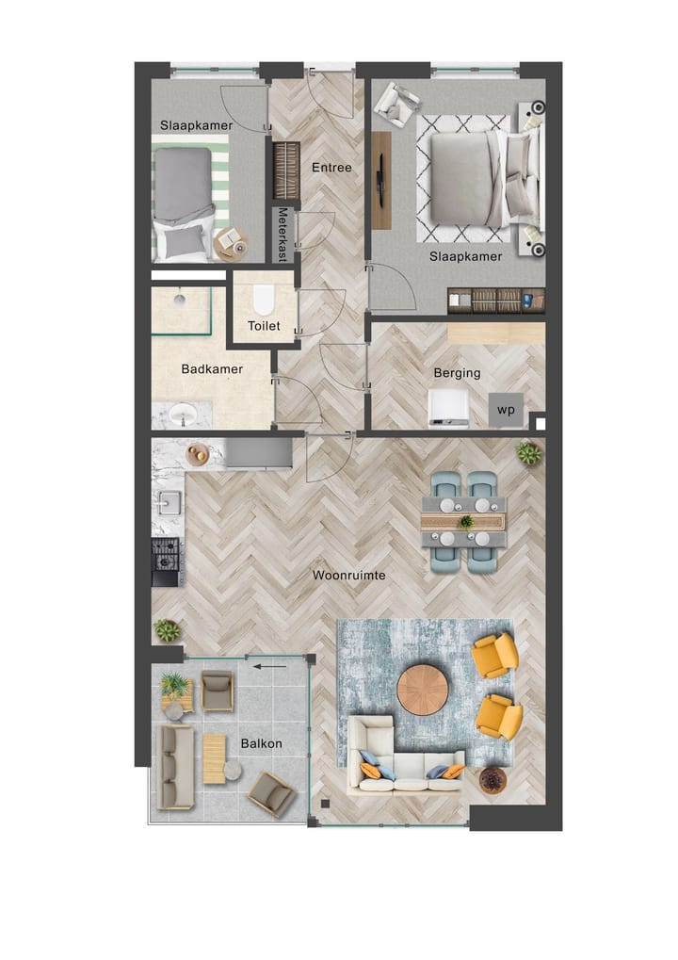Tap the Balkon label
click(261, 743)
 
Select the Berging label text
click(457, 373)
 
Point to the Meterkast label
click(283, 235)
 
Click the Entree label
click(331, 168)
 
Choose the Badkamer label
click(212, 369)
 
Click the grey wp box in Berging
click(506, 410)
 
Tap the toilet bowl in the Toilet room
click(263, 301)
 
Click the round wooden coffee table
click(422, 690)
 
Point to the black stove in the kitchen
click(167, 555)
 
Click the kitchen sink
click(169, 502)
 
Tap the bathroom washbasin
click(183, 414)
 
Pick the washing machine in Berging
click(448, 407)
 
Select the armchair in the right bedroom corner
click(396, 103)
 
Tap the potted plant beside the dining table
click(529, 454)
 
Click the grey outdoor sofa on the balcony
click(176, 766)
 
